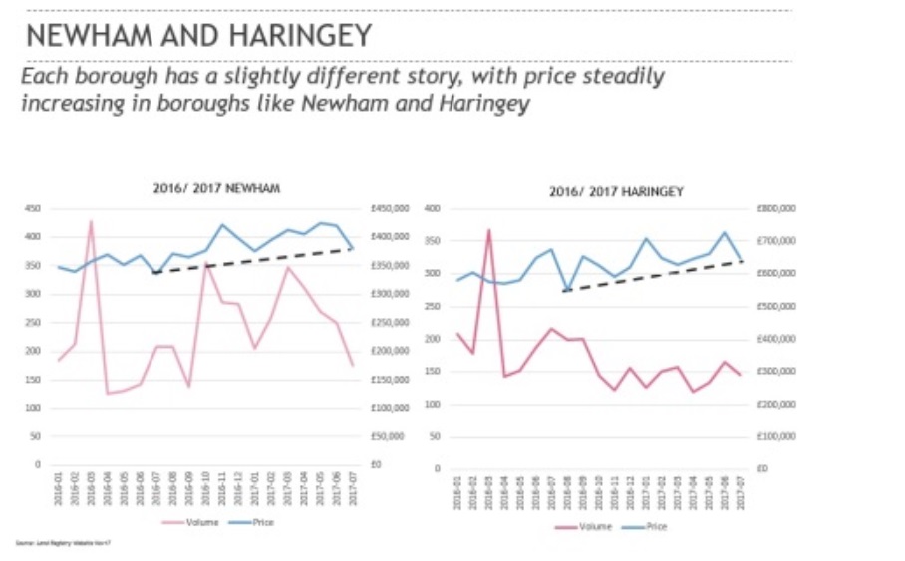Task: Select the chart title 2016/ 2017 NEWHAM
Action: click(x=216, y=188)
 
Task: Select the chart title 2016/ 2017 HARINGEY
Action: click(x=616, y=191)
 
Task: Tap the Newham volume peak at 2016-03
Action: click(x=91, y=222)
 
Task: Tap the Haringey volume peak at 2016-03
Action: click(x=489, y=231)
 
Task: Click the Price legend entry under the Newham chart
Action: click(x=255, y=521)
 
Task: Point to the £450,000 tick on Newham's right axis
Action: click(x=388, y=208)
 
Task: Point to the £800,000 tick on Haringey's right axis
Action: click(x=776, y=208)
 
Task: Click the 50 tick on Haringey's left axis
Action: click(x=433, y=436)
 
